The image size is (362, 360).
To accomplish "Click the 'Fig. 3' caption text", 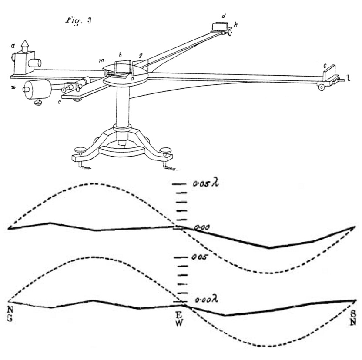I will (x=79, y=22).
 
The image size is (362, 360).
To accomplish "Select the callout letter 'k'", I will (x=235, y=26).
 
